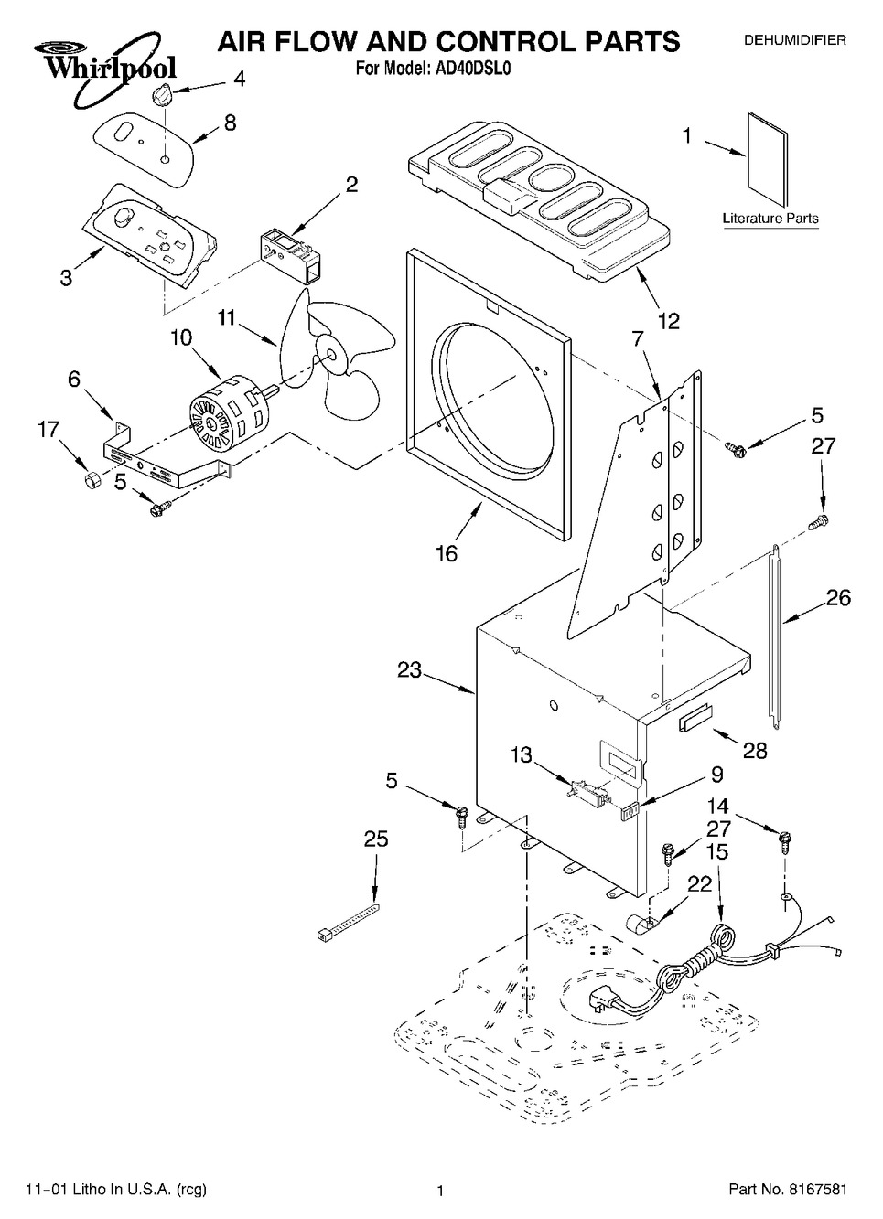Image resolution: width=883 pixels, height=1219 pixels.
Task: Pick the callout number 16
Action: pyautogui.click(x=447, y=553)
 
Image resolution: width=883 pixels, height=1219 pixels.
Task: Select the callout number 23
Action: pyautogui.click(x=409, y=670)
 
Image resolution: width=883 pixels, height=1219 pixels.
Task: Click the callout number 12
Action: pyautogui.click(x=669, y=321)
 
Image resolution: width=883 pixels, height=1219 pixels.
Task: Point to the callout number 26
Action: pyautogui.click(x=838, y=598)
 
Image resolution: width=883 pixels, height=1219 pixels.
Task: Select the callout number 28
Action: pyautogui.click(x=755, y=751)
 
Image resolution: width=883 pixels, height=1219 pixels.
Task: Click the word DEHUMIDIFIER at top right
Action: pyautogui.click(x=794, y=40)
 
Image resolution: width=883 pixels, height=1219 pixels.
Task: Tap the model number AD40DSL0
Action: pyautogui.click(x=477, y=68)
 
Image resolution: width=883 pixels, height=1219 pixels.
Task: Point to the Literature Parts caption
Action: pyautogui.click(x=770, y=219)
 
